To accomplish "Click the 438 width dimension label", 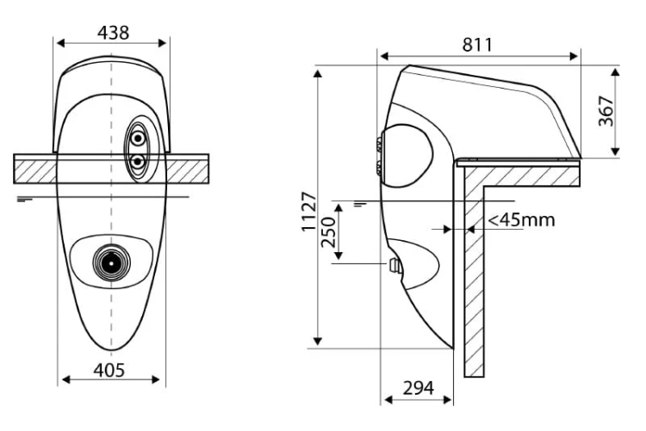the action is coord(113,33).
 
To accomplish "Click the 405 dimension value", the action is coord(109,370).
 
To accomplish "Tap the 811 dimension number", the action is coord(477,45).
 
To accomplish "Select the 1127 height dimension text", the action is coord(309,211).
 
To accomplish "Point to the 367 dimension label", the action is coord(606,111).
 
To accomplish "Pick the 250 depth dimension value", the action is coord(328,232).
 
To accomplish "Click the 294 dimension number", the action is coord(418,388).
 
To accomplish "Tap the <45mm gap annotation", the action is coord(522,220).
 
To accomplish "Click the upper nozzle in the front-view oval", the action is coord(138,139).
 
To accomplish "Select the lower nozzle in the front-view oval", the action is coord(138,162).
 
